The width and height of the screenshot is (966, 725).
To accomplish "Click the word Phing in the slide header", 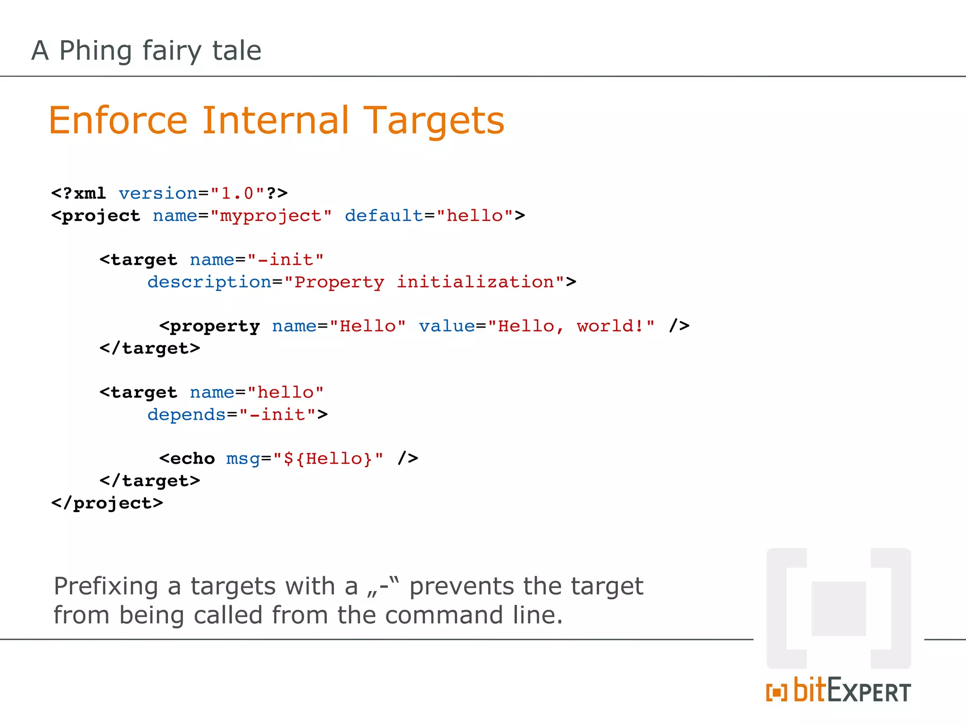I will (x=95, y=51).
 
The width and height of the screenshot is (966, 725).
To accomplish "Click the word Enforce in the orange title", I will (x=118, y=121).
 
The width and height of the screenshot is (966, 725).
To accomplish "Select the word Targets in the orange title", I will (x=434, y=121).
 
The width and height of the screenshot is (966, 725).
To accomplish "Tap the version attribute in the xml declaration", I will (x=158, y=194).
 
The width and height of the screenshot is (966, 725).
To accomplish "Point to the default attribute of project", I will (x=384, y=216).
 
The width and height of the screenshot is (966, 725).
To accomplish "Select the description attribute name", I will (x=209, y=282).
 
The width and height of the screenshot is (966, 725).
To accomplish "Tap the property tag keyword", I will (x=215, y=327).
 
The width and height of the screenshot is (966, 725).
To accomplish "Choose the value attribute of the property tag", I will (x=447, y=326).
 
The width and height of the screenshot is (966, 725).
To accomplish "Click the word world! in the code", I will (x=610, y=326).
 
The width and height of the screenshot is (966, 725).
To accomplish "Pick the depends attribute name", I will (x=187, y=415).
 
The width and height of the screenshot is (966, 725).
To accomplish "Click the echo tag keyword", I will (x=192, y=459).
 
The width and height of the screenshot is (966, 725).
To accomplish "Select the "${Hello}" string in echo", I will (x=328, y=459).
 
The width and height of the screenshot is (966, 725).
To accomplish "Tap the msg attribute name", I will (x=243, y=459).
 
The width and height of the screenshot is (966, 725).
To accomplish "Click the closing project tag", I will (x=107, y=503).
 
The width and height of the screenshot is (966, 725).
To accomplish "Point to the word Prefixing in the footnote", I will (x=106, y=587).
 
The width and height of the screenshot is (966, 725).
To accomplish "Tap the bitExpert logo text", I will (x=851, y=691).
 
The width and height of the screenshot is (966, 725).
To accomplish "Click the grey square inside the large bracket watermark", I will (x=839, y=609).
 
